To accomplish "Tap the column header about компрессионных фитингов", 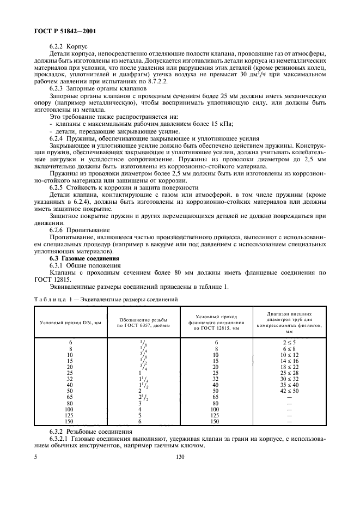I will click(289, 322).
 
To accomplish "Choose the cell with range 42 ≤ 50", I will click(289, 391).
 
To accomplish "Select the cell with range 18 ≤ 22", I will click(289, 367).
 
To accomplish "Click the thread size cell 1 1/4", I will click(143, 379).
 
